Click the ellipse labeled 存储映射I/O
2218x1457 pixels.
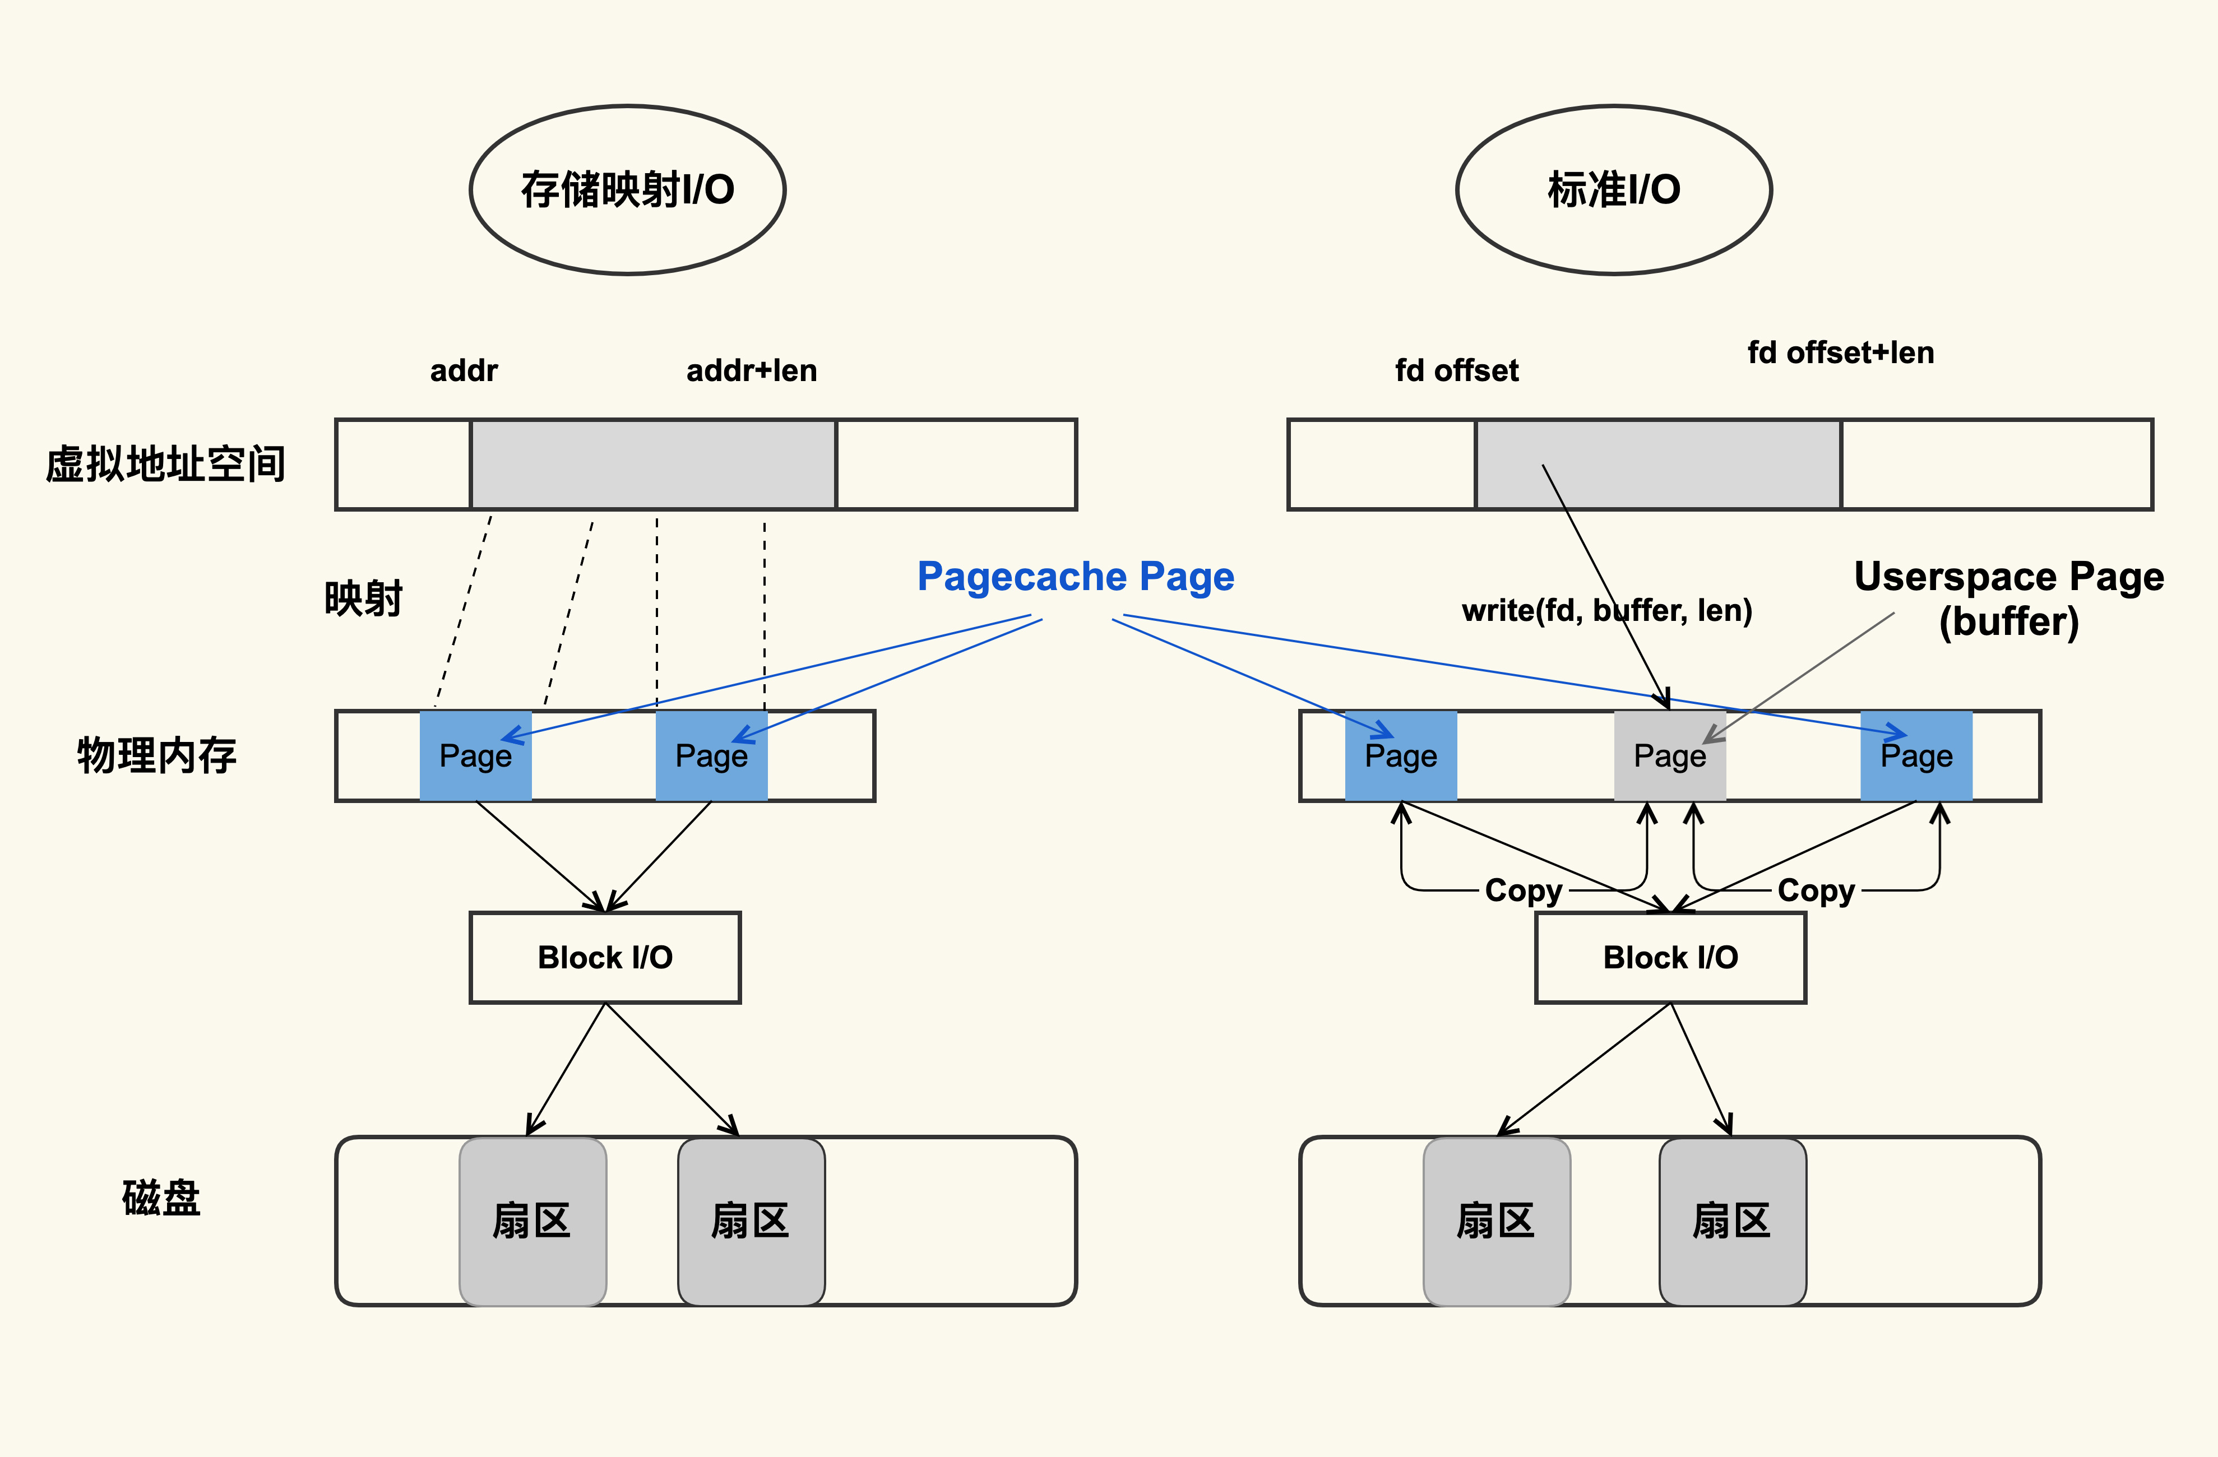[627, 190]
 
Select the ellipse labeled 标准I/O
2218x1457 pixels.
[1613, 190]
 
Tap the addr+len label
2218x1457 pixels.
[751, 371]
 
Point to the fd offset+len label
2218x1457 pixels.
[1841, 353]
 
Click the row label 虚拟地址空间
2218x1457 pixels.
[165, 464]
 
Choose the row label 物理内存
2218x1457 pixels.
[156, 755]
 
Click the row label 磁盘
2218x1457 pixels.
[160, 1198]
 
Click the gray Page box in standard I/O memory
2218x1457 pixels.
[1669, 755]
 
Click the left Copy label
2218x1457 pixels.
[1523, 890]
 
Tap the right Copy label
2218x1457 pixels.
[1816, 890]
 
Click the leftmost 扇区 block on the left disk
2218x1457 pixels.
[532, 1221]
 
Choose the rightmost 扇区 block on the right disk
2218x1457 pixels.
[1731, 1221]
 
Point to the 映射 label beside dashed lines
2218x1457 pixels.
[363, 598]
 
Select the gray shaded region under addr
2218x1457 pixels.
[652, 464]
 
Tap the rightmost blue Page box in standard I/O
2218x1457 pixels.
[1916, 755]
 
